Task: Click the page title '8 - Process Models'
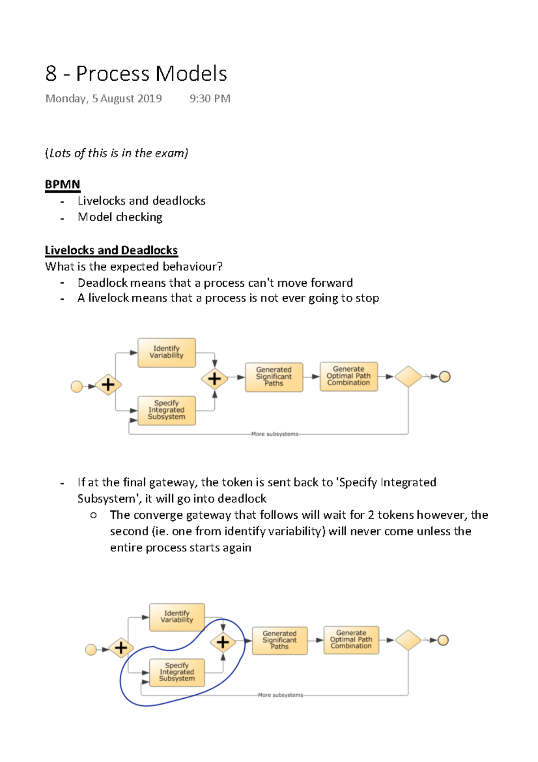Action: point(136,74)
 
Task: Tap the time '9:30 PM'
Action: point(210,99)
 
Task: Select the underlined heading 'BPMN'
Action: point(62,184)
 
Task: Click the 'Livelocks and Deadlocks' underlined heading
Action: point(111,250)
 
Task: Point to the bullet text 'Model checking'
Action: point(120,217)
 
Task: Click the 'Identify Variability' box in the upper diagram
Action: point(166,352)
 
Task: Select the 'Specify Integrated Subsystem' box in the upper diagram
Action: point(166,410)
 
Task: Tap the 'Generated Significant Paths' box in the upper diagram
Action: point(273,377)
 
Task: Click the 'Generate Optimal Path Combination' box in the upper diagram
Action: point(348,376)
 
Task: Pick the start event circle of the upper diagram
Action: point(77,386)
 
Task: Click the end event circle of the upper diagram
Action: point(444,377)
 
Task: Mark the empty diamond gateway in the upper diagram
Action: point(408,377)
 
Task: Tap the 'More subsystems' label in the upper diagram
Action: point(274,434)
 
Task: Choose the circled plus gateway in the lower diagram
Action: point(223,643)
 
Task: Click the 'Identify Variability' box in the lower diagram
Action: point(177,617)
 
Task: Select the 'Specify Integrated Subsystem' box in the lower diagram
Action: point(177,672)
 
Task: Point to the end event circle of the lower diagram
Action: point(443,640)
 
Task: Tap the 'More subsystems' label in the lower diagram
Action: point(280,695)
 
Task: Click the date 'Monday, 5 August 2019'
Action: point(104,99)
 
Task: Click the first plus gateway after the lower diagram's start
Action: point(121,648)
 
